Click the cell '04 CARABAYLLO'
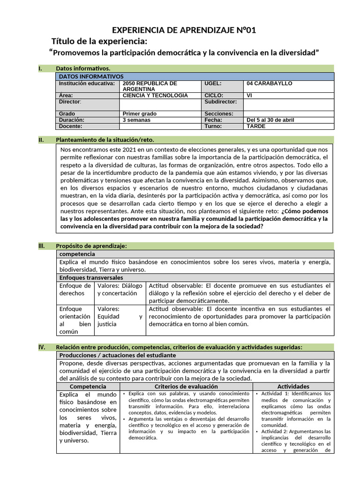[270, 83]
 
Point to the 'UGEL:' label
[213, 83]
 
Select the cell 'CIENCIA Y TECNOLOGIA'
[155, 95]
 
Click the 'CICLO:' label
[214, 95]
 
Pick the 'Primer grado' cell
[140, 113]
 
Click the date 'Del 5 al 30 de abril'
[270, 120]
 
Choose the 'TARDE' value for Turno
[256, 126]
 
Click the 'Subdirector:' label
[221, 101]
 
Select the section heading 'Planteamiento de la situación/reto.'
[105, 140]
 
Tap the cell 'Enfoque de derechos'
[75, 289]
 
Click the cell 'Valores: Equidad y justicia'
[120, 316]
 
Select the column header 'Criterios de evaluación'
[186, 386]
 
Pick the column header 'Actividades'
[293, 386]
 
